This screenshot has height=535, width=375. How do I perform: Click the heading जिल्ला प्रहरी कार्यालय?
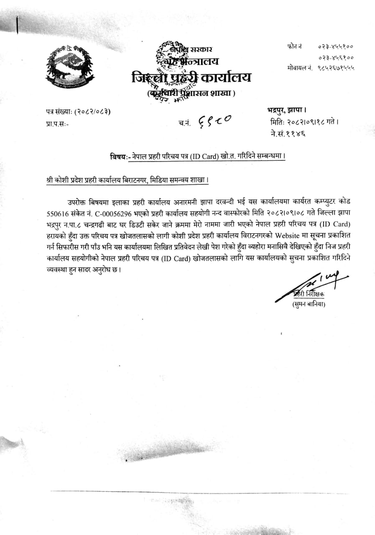191,78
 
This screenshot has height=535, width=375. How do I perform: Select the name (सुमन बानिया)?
309,304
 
